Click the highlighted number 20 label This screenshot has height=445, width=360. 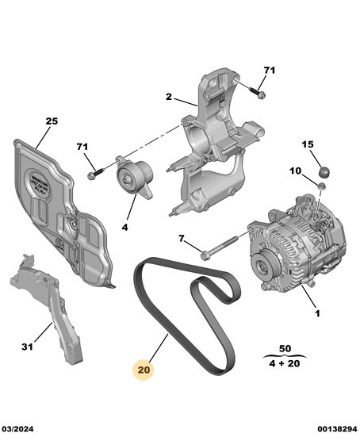tap(144, 370)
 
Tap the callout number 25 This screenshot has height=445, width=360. tap(52, 121)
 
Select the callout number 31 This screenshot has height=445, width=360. tap(27, 347)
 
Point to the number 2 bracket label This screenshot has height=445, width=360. tap(169, 97)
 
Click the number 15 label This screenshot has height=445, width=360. tap(308, 144)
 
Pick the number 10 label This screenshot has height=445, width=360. tap(295, 171)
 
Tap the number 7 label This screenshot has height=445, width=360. tap(182, 239)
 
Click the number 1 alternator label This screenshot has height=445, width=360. tap(317, 313)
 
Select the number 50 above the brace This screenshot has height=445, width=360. tap(285, 348)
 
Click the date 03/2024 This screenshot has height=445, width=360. tap(17, 428)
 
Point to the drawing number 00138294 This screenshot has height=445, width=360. tap(337, 428)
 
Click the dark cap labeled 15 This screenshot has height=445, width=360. tap(325, 172)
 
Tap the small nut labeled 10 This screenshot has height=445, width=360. tap(322, 186)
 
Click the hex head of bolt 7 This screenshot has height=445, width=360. tap(205, 255)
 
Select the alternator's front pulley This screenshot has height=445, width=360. tap(264, 267)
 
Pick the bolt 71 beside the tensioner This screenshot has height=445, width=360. tap(96, 174)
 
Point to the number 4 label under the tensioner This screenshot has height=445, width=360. tap(124, 228)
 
